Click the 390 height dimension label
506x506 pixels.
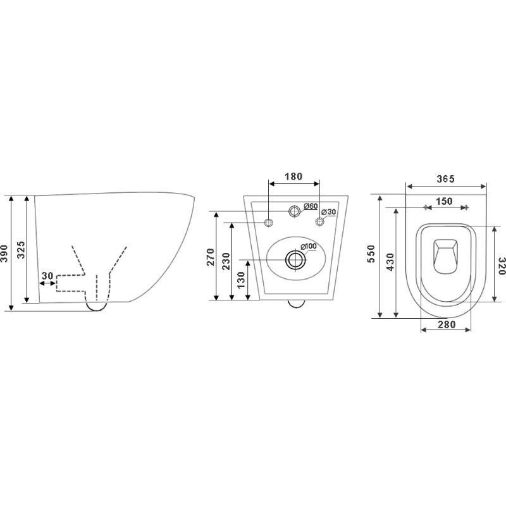(4, 254)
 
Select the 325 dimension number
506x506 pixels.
(21, 249)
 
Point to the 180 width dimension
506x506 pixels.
(293, 176)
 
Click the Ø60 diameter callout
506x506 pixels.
(311, 206)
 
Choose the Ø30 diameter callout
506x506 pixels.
(328, 212)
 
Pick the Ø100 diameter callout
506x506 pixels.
(309, 246)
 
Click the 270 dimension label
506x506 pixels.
(211, 257)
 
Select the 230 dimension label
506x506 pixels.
(226, 261)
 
